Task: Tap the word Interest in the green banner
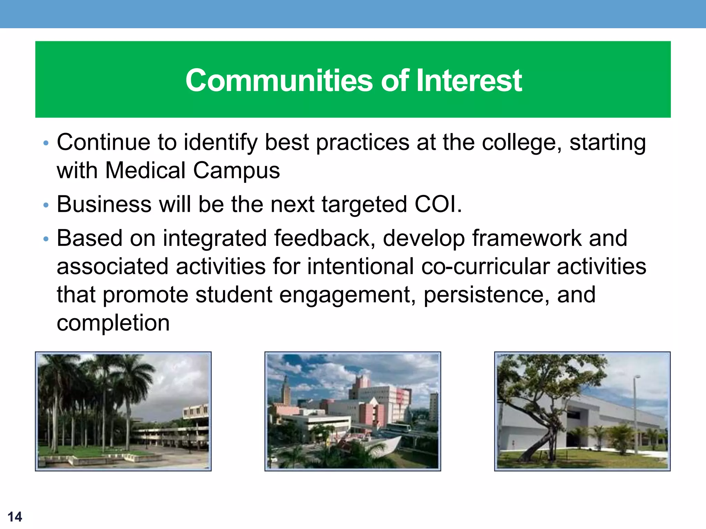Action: [469, 80]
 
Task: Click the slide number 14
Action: [15, 517]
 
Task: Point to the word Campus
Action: [236, 171]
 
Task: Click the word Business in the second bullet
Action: [104, 204]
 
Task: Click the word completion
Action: [113, 323]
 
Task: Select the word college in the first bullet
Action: [521, 142]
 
